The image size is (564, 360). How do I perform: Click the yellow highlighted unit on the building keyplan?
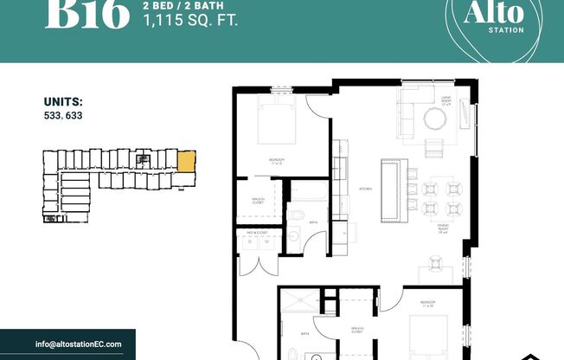tap(186, 161)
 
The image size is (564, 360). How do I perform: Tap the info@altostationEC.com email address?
tap(79, 344)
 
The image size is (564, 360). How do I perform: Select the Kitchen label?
tap(365, 188)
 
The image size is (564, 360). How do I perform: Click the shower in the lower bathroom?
tap(298, 305)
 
